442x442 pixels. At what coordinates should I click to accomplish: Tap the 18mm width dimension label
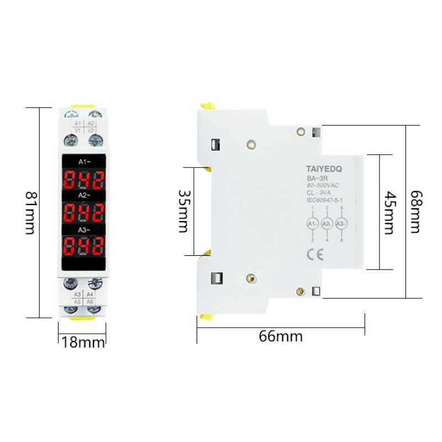point(83,343)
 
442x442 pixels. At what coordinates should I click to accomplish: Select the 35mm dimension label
point(185,211)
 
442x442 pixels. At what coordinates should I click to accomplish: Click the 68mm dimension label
point(418,212)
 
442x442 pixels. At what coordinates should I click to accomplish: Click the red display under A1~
point(83,179)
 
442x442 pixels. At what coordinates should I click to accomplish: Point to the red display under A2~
point(83,212)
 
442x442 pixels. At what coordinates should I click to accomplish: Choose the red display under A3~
point(83,245)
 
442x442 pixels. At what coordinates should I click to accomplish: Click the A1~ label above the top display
point(83,162)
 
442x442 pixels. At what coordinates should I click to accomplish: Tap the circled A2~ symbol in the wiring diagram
point(327,224)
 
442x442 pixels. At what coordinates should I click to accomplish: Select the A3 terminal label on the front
point(77,294)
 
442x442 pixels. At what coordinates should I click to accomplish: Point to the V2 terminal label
point(91,130)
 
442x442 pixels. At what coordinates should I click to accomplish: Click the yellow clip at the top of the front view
point(83,106)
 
